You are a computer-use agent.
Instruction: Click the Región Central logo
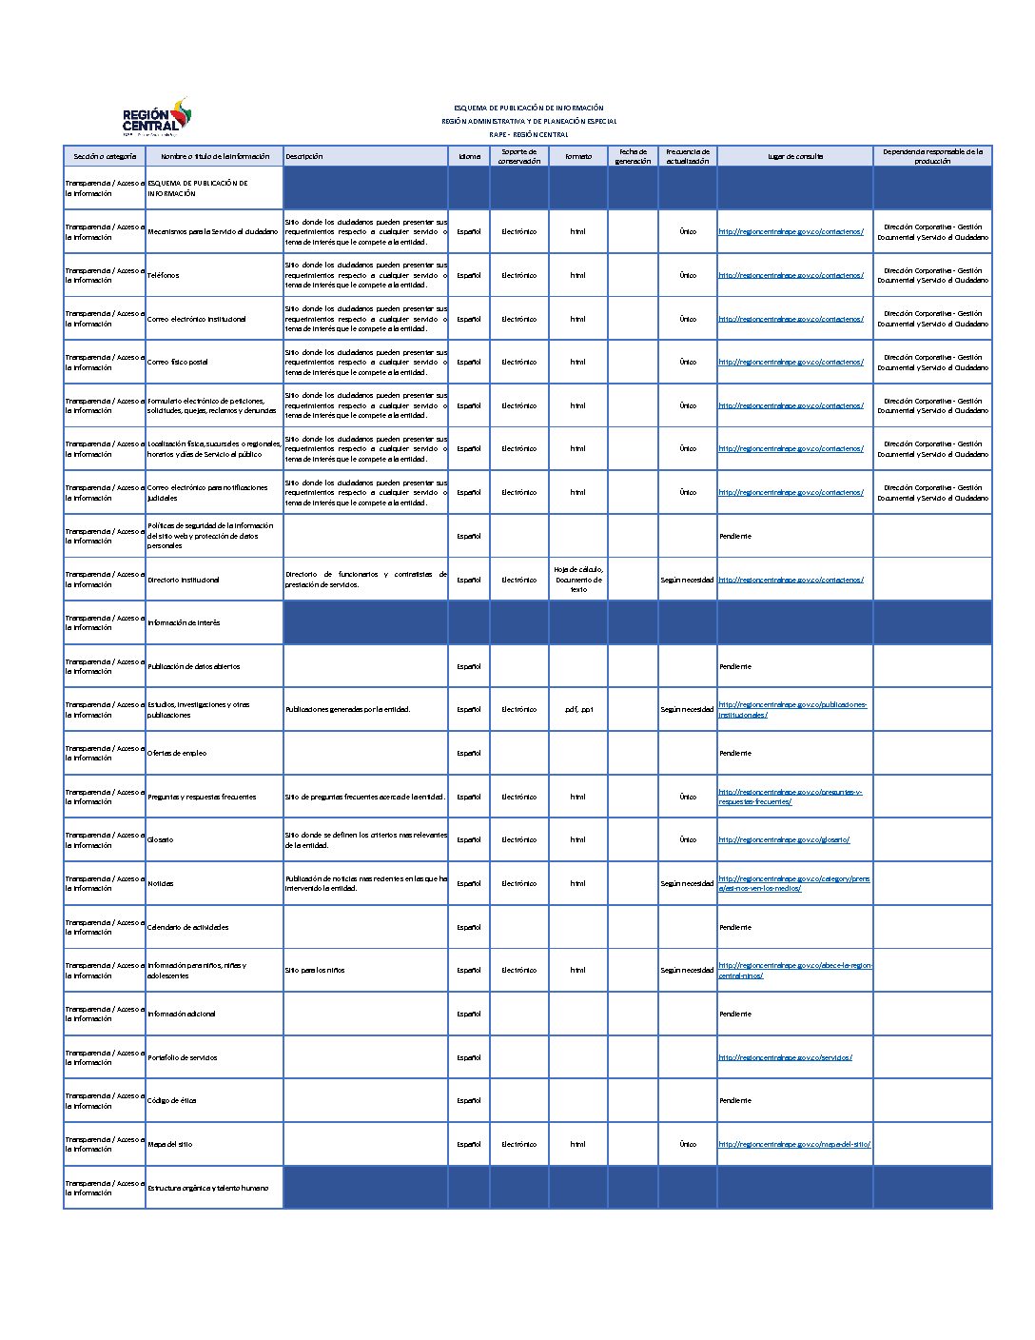(x=157, y=118)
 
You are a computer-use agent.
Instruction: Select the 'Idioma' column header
(x=469, y=156)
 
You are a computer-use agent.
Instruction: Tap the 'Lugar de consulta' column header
(x=795, y=156)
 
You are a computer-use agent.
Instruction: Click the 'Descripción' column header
(x=304, y=156)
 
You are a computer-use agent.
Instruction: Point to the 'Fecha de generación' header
(x=633, y=156)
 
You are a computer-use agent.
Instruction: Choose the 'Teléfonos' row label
(x=164, y=275)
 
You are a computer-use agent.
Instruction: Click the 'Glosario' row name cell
(x=161, y=839)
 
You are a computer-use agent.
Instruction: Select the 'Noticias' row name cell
(x=161, y=883)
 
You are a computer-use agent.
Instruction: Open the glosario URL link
(x=784, y=839)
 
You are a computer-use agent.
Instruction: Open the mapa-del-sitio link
(x=794, y=1144)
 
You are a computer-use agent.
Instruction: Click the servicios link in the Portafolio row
(x=785, y=1057)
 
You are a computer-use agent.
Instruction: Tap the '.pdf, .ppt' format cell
(x=577, y=709)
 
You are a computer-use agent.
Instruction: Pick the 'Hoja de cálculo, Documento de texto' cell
(x=577, y=580)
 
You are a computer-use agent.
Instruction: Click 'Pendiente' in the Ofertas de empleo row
(x=735, y=753)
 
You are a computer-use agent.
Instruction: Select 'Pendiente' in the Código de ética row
(x=735, y=1100)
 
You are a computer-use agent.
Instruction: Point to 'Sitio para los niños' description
(x=315, y=970)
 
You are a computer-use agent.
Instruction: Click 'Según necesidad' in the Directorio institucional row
(x=687, y=580)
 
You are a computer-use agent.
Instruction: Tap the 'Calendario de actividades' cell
(x=188, y=927)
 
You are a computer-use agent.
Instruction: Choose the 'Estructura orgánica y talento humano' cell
(x=208, y=1188)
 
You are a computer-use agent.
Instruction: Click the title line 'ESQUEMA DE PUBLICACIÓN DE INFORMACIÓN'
(x=529, y=108)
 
